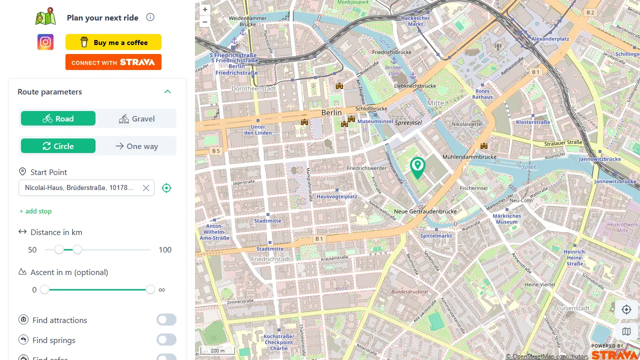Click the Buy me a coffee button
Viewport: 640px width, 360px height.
click(x=113, y=42)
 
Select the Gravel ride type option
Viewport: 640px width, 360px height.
click(x=136, y=119)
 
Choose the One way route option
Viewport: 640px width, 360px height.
click(x=136, y=146)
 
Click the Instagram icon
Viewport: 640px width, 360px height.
click(x=45, y=42)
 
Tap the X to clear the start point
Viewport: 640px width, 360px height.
click(x=146, y=188)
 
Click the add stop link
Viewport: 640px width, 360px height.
click(x=35, y=211)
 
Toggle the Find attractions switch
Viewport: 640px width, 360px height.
click(x=166, y=320)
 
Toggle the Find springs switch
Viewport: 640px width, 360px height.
click(x=166, y=340)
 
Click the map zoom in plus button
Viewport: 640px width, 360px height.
click(x=205, y=9)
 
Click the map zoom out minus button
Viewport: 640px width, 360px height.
click(x=205, y=21)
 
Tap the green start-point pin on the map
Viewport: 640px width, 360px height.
click(x=417, y=167)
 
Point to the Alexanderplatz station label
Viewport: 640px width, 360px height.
click(x=550, y=39)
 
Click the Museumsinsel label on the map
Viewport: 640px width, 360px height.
click(x=375, y=121)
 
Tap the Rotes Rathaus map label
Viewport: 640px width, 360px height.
click(x=482, y=94)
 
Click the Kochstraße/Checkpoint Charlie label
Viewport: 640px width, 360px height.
click(x=278, y=342)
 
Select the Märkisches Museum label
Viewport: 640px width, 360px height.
click(x=506, y=219)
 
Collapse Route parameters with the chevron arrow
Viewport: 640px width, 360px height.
click(x=167, y=92)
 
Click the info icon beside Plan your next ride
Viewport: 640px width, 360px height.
click(x=150, y=17)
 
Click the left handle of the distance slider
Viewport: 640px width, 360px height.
click(x=59, y=249)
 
